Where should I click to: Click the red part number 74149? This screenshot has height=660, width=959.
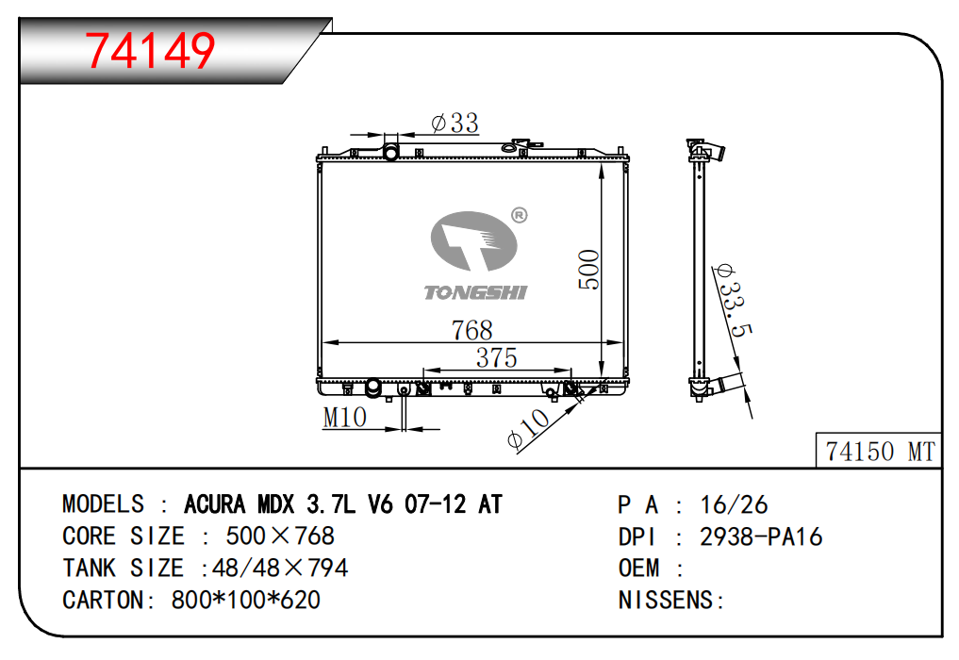coord(150,50)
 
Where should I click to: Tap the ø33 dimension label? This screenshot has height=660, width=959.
coord(455,123)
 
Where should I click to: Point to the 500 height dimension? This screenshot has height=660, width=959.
coord(589,269)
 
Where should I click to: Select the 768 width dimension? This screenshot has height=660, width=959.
coord(471,330)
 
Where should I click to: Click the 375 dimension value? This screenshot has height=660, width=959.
coord(497,358)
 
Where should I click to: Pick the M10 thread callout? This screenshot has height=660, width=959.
coord(345,418)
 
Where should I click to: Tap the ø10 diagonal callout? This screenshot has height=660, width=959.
coord(529,429)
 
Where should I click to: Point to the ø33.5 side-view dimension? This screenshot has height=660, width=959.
coord(734,302)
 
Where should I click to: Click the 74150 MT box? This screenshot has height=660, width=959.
coord(879,451)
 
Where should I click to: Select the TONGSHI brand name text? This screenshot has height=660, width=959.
coord(476,293)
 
